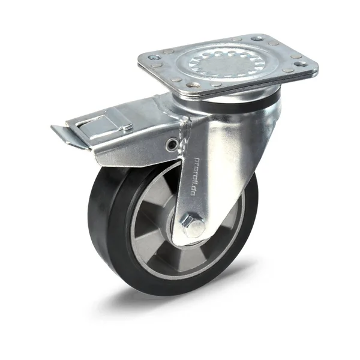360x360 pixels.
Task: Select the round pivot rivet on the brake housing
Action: pyautogui.click(x=173, y=144)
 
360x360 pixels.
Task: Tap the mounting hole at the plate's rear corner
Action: pyautogui.click(x=260, y=38)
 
